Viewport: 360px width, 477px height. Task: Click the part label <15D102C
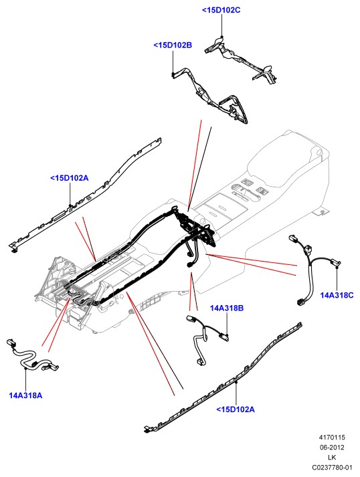pos(221,10)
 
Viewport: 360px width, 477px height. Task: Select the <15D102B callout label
pos(173,45)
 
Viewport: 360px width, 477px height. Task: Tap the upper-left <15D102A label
pos(70,178)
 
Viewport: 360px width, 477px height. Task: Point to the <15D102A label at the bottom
pos(236,409)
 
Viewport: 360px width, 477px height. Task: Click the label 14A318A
pos(25,395)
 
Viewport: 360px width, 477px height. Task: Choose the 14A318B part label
pos(227,308)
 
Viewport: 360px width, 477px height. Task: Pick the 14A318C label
pos(337,295)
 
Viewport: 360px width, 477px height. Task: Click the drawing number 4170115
pos(332,438)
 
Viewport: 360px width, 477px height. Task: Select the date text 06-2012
pos(332,448)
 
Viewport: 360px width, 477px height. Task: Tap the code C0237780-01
pos(332,467)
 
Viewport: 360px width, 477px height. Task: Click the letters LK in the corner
pos(332,458)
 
